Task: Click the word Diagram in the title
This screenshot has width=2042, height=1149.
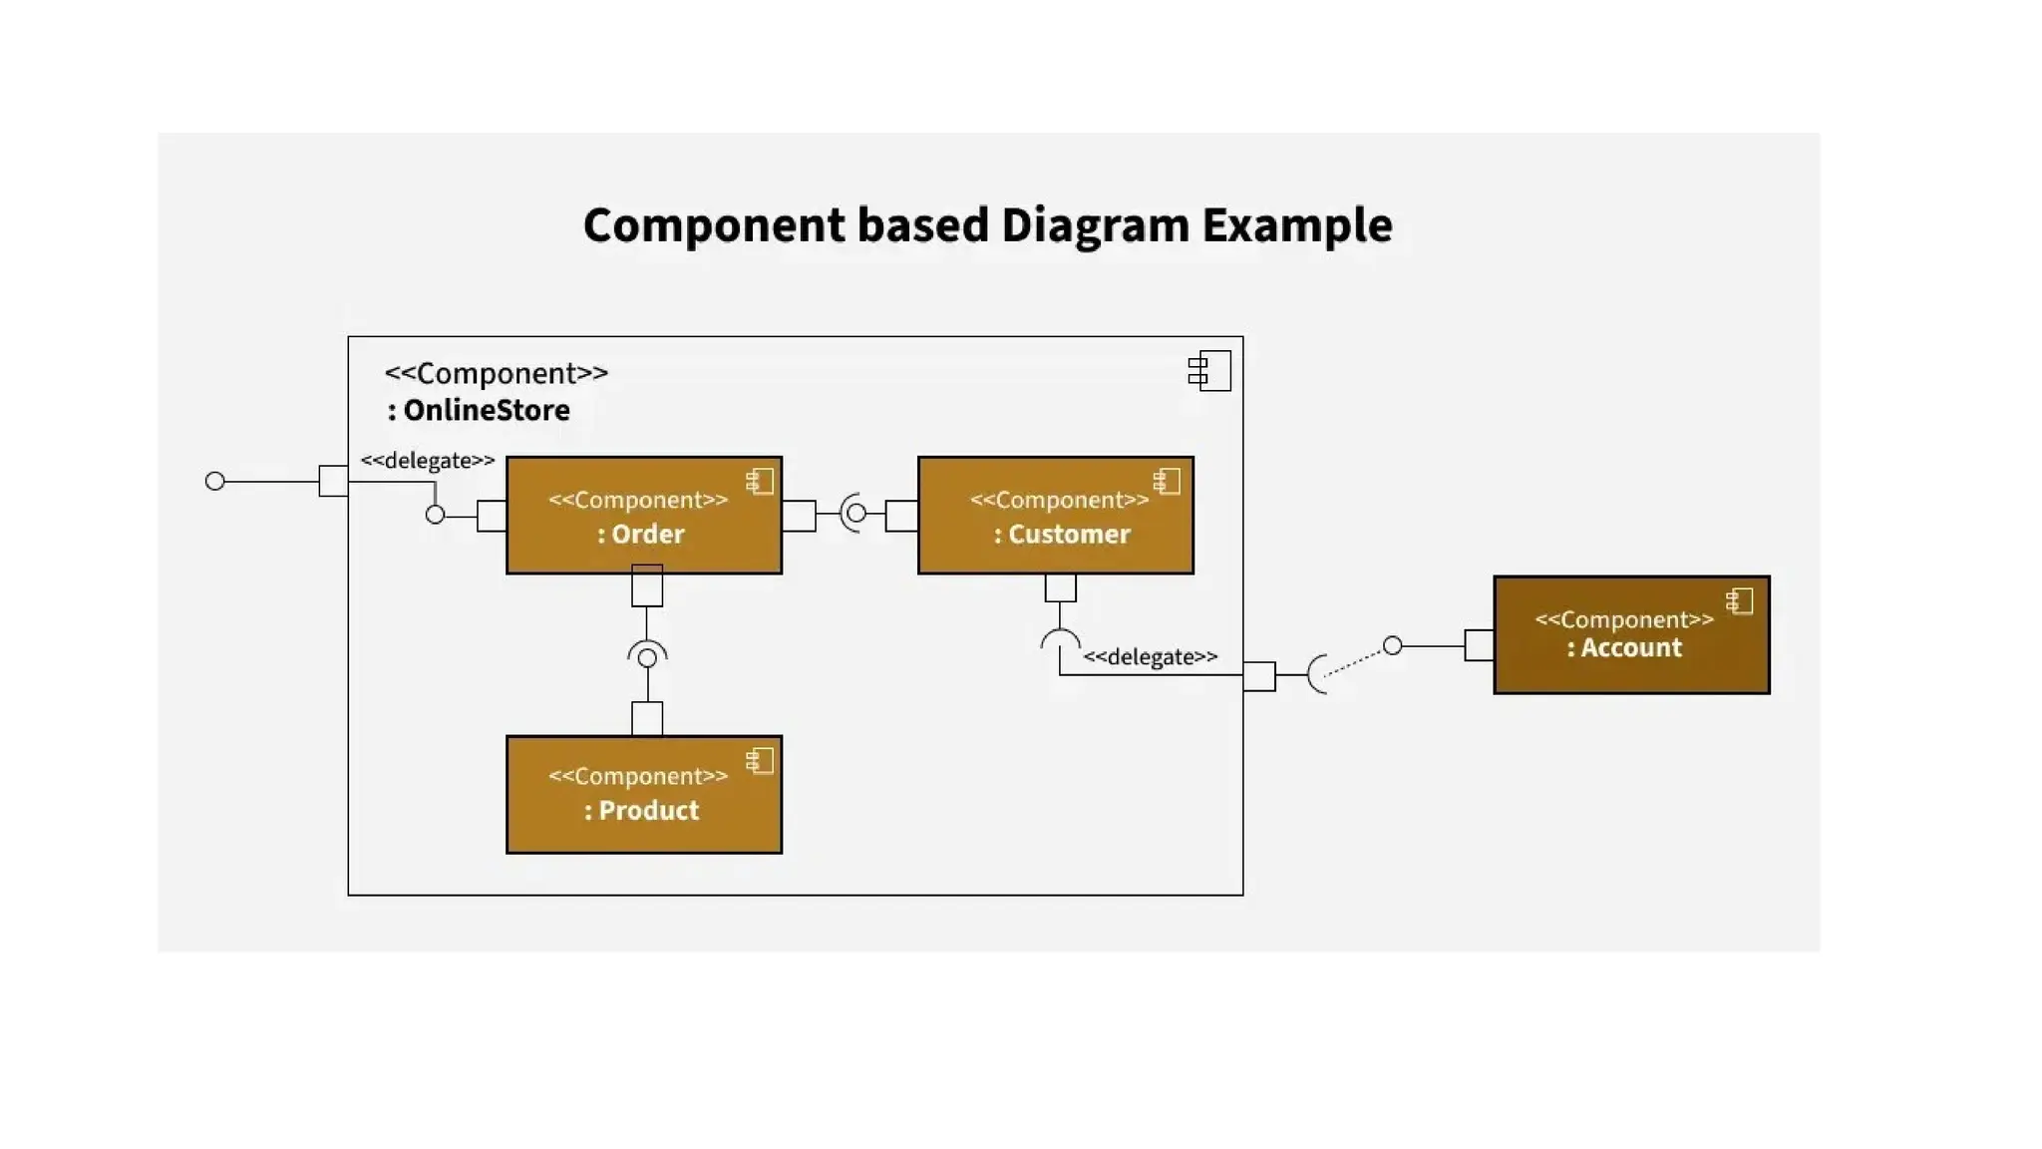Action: (1095, 226)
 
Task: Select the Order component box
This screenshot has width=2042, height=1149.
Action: (643, 516)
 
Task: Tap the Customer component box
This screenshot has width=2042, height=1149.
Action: (1055, 516)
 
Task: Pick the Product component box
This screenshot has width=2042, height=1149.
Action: (643, 795)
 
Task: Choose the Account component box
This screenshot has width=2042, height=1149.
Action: (1630, 635)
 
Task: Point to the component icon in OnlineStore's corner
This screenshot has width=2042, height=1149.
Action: (1209, 371)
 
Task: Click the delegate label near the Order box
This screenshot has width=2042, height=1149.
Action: (427, 461)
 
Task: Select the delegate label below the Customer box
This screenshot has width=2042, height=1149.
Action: (1150, 657)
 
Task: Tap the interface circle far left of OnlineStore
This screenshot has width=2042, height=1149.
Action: (214, 482)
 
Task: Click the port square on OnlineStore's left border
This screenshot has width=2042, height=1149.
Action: (333, 481)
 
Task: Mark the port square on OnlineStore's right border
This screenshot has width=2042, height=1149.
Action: (1259, 676)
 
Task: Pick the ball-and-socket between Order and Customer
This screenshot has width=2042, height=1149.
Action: (854, 514)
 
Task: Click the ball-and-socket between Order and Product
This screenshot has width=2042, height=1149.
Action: (647, 656)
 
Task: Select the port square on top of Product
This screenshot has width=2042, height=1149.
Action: (647, 718)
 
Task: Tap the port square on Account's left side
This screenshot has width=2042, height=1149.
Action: (1479, 645)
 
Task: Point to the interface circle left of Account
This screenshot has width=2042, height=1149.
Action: (1393, 646)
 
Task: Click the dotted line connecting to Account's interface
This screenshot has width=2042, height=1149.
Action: (1356, 661)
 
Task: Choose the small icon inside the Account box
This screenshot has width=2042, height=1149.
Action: (1739, 601)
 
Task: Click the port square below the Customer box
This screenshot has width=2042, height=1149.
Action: (1060, 588)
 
